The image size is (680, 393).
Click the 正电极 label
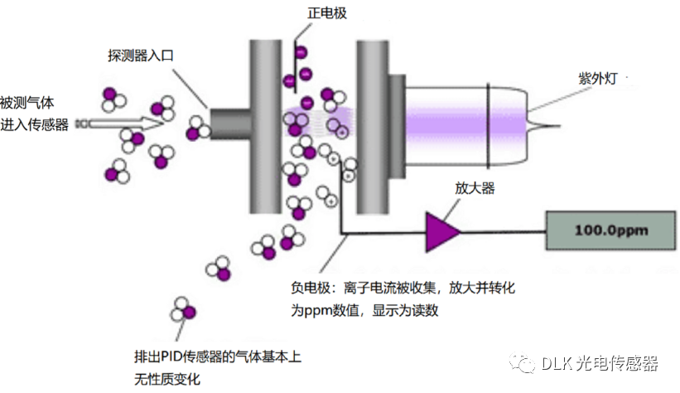(327, 13)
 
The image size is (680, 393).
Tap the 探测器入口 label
(141, 56)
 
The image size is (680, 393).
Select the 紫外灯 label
(598, 79)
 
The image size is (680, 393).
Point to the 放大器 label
(475, 188)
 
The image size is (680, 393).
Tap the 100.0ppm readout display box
(610, 230)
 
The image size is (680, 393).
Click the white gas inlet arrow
(120, 124)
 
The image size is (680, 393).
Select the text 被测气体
(27, 103)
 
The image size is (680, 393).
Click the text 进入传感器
(34, 124)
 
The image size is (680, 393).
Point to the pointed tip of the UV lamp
(560, 126)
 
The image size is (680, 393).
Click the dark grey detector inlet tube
(231, 124)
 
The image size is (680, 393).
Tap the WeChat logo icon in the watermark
(522, 363)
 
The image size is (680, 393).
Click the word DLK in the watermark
(557, 363)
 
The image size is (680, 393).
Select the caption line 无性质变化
(167, 379)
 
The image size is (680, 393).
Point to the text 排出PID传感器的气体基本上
(218, 357)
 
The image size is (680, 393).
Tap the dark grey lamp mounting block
(397, 127)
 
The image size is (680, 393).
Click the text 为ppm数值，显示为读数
(364, 310)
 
